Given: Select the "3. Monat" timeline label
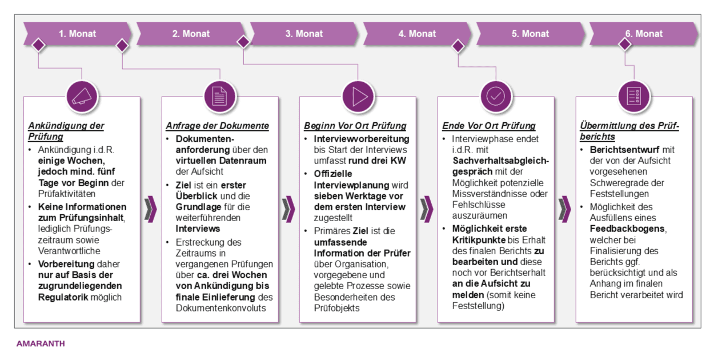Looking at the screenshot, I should click(304, 34).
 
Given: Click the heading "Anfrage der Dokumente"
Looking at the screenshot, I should click(217, 126).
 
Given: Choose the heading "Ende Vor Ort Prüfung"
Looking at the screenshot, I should click(488, 126).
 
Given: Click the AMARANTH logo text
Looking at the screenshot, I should click(41, 344).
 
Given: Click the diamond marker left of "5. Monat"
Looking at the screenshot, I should click(458, 45).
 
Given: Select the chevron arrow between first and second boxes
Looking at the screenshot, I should click(151, 209).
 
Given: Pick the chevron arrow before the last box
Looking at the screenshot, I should click(564, 209).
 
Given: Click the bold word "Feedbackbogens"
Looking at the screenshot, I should click(620, 229).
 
